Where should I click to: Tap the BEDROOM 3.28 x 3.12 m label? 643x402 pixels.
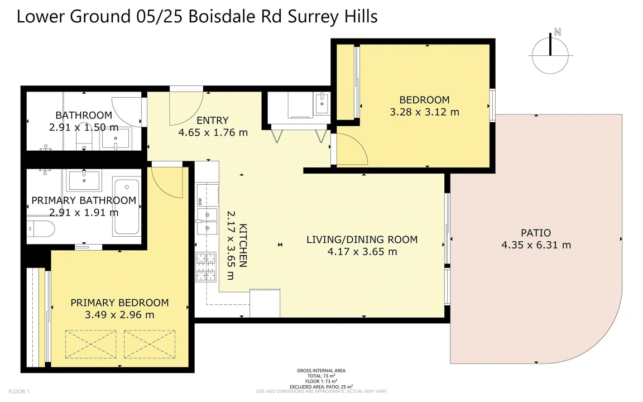point(424,106)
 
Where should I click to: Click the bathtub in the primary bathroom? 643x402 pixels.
point(127,207)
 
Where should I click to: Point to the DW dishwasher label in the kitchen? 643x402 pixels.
point(199,202)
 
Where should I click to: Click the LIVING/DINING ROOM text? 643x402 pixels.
point(362,240)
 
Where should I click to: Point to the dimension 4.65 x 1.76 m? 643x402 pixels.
point(213,132)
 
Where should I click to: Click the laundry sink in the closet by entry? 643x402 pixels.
point(321,104)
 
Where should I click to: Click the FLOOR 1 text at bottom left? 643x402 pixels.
point(19,391)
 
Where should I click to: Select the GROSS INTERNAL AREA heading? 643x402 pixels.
point(321,371)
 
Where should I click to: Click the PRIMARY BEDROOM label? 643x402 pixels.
point(119,303)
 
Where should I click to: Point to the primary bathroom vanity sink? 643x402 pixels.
point(84,180)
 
